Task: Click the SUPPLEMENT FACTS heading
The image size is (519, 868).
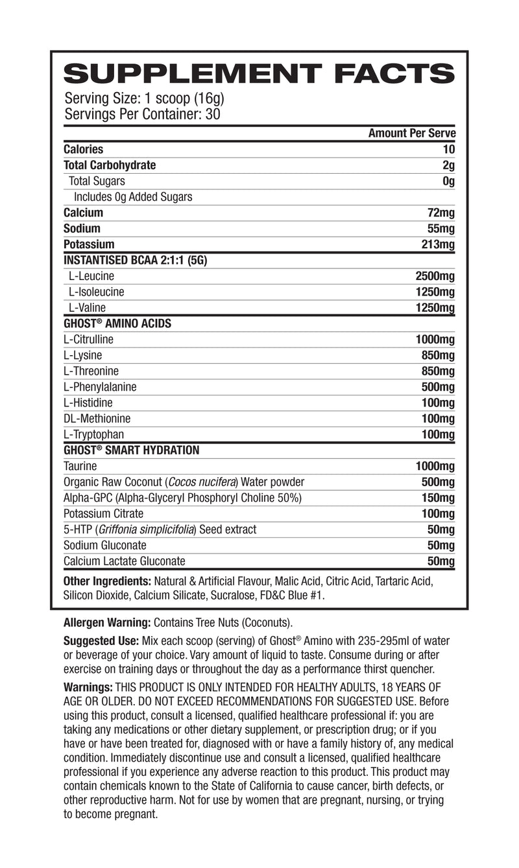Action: click(x=259, y=74)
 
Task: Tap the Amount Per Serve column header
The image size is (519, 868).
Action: click(x=412, y=134)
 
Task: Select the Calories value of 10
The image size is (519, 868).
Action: click(x=448, y=149)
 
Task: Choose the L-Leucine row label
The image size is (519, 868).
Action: click(x=91, y=276)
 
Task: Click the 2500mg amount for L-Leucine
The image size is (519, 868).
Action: click(x=435, y=276)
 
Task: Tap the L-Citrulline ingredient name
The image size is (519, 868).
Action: click(x=89, y=339)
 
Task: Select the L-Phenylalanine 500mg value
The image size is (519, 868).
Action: click(x=438, y=387)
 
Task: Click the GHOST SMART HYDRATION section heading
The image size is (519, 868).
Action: click(x=131, y=450)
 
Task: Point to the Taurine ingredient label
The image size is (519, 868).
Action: click(x=80, y=466)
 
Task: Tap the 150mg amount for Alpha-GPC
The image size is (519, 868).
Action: click(x=438, y=498)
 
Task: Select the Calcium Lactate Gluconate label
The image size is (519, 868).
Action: click(x=125, y=561)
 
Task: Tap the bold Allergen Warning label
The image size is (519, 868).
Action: click(x=107, y=623)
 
